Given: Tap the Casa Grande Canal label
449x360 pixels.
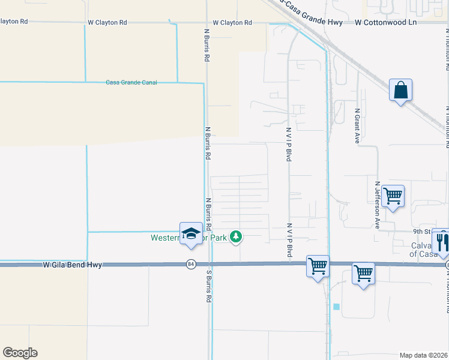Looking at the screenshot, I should coord(131,82).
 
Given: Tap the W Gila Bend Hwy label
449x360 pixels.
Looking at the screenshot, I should coord(71,264).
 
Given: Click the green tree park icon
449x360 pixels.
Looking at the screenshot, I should coord(237,237).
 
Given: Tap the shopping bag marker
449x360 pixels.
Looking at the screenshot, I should coord(400,91).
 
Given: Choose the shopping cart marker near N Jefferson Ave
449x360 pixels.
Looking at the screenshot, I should coord(393,196).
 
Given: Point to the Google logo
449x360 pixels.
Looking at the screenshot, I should coord(20,353).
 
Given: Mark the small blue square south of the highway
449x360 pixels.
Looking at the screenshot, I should coord(336,307).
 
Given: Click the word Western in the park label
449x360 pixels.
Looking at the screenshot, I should coord(164,238).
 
